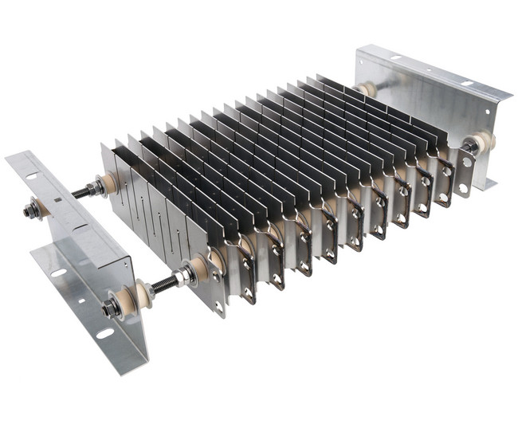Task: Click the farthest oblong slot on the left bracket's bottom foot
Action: [x=58, y=273]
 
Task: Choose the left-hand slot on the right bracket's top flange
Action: [x=395, y=58]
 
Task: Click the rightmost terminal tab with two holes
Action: [x=465, y=172]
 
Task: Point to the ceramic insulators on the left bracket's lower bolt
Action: [x=139, y=295]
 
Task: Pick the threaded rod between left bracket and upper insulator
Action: [x=80, y=192]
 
